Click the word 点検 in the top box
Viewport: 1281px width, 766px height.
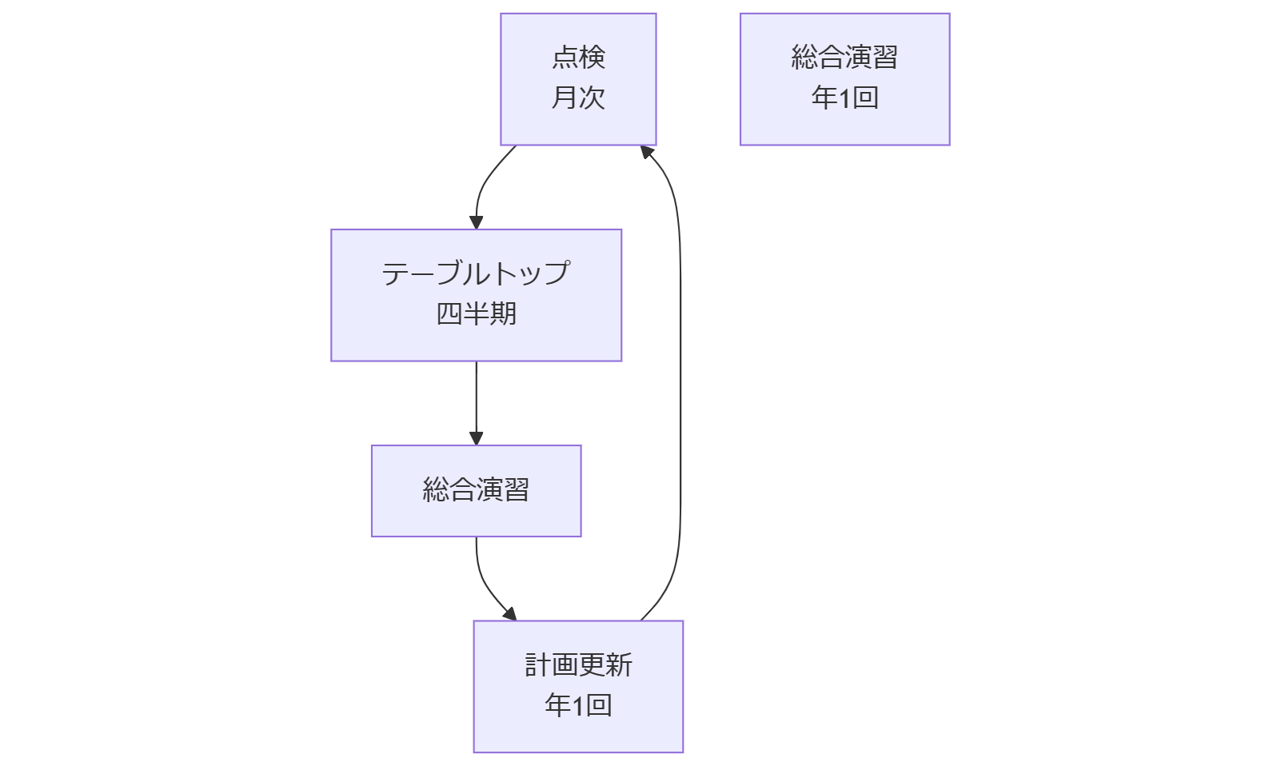click(x=578, y=58)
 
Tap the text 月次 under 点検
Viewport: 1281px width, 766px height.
click(x=578, y=98)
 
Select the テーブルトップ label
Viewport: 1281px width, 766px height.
click(x=476, y=273)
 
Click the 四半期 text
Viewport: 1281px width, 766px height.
click(x=476, y=313)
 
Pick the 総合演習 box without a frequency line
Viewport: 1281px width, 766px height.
click(x=476, y=490)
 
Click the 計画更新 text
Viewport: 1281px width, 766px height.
click(x=578, y=665)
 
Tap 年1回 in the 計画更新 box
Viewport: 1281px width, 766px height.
click(x=578, y=705)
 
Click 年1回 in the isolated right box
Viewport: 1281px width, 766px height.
click(x=844, y=98)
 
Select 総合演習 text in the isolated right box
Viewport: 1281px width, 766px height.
click(x=844, y=58)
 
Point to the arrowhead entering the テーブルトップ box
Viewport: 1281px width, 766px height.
click(x=477, y=222)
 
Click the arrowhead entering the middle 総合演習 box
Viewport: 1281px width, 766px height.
click(x=477, y=438)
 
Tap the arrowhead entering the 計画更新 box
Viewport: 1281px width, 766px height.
click(x=510, y=614)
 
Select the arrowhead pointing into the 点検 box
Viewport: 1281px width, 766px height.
click(x=647, y=152)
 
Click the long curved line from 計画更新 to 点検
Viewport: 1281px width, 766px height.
click(x=680, y=384)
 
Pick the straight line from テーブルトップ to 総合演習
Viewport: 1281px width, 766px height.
click(x=477, y=400)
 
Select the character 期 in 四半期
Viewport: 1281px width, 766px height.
click(x=504, y=313)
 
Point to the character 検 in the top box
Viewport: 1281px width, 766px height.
click(x=593, y=58)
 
